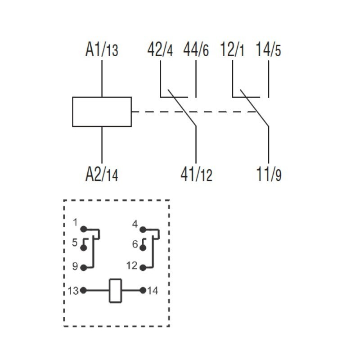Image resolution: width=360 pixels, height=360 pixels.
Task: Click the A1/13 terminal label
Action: click(x=102, y=49)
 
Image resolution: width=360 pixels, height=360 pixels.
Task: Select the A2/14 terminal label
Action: click(x=102, y=174)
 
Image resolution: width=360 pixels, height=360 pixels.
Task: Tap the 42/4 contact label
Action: click(x=160, y=49)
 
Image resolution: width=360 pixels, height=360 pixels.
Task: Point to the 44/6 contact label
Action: click(x=196, y=49)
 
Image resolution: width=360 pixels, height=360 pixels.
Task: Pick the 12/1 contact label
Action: click(x=232, y=49)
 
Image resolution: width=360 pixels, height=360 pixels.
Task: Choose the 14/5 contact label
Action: click(x=268, y=49)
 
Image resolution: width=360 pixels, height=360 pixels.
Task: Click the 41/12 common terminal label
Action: click(x=196, y=174)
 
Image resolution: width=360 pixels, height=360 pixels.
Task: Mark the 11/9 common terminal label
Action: click(x=269, y=174)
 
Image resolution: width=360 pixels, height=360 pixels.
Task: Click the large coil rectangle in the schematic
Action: click(x=102, y=112)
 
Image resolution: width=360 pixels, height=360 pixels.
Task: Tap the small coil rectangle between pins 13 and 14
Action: click(x=115, y=290)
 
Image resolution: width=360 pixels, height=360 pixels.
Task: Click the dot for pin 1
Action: click(x=84, y=229)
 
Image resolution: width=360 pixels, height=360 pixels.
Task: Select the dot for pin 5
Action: click(x=84, y=248)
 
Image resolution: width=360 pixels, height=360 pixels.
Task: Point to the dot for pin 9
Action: click(x=84, y=268)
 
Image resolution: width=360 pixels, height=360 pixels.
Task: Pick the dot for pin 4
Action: click(x=143, y=229)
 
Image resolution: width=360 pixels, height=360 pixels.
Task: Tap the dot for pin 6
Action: click(x=143, y=248)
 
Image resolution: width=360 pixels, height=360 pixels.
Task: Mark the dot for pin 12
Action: click(x=143, y=268)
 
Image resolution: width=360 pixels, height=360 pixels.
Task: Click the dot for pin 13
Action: click(x=84, y=291)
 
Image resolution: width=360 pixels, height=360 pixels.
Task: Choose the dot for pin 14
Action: click(x=143, y=291)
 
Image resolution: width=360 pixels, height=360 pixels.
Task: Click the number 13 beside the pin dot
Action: click(x=73, y=291)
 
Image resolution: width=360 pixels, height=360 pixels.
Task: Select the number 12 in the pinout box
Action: click(x=131, y=266)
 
